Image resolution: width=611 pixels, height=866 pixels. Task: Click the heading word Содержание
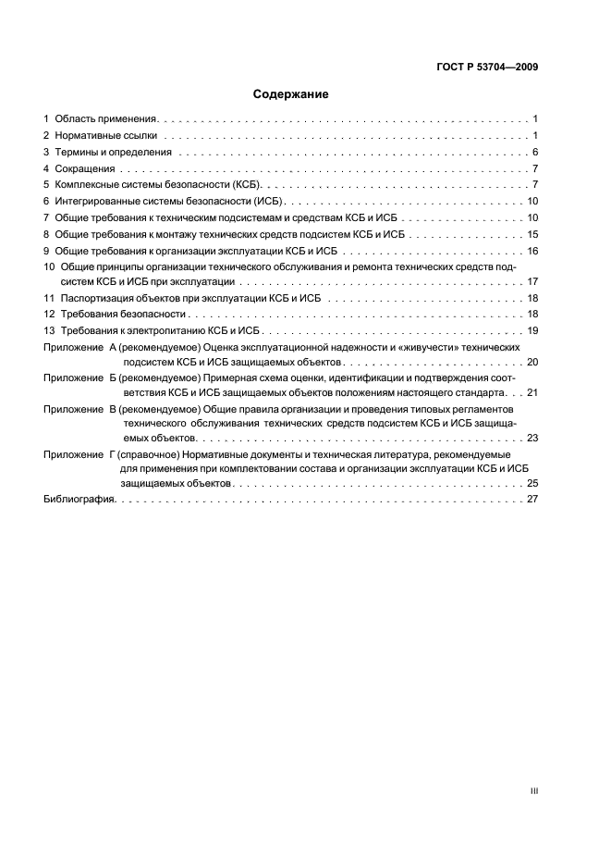[x=290, y=94]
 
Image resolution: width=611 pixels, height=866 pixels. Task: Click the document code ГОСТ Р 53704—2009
[x=487, y=67]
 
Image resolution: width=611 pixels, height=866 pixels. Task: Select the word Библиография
[x=79, y=499]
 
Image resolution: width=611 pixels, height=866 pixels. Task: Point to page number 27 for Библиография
[x=532, y=499]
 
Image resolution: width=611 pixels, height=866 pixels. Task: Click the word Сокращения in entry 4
[x=85, y=168]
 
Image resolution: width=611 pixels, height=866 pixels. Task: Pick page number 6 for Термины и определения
[x=535, y=152]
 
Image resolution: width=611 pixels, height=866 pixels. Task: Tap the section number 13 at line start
[x=50, y=330]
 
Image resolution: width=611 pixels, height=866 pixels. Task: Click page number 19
[x=532, y=330]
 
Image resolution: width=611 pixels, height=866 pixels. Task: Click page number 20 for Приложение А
[x=532, y=363]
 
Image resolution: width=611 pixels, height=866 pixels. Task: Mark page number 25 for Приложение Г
[x=532, y=483]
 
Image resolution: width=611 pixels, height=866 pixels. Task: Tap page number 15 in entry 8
[x=532, y=234]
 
